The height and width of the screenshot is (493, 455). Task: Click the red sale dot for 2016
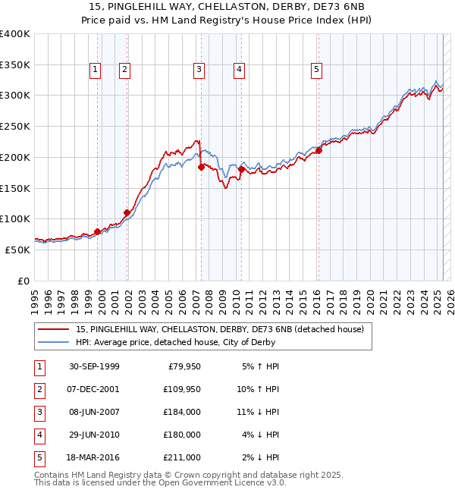319,150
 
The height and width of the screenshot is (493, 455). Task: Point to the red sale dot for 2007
201,167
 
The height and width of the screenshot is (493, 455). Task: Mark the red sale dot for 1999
98,231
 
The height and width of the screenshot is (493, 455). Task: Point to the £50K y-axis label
17,250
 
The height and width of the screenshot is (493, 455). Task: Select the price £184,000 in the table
182,413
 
